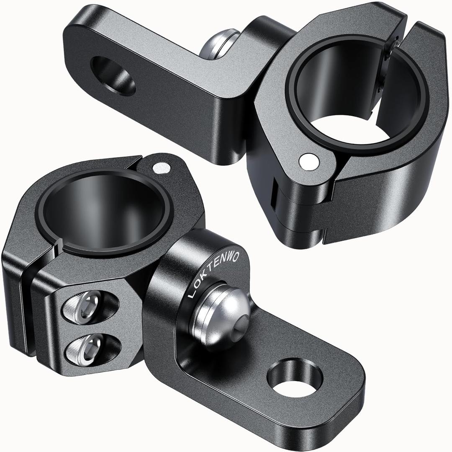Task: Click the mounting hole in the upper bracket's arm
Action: click(x=113, y=76)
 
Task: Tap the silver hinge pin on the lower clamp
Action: click(x=161, y=168)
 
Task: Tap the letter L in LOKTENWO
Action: click(x=192, y=295)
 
